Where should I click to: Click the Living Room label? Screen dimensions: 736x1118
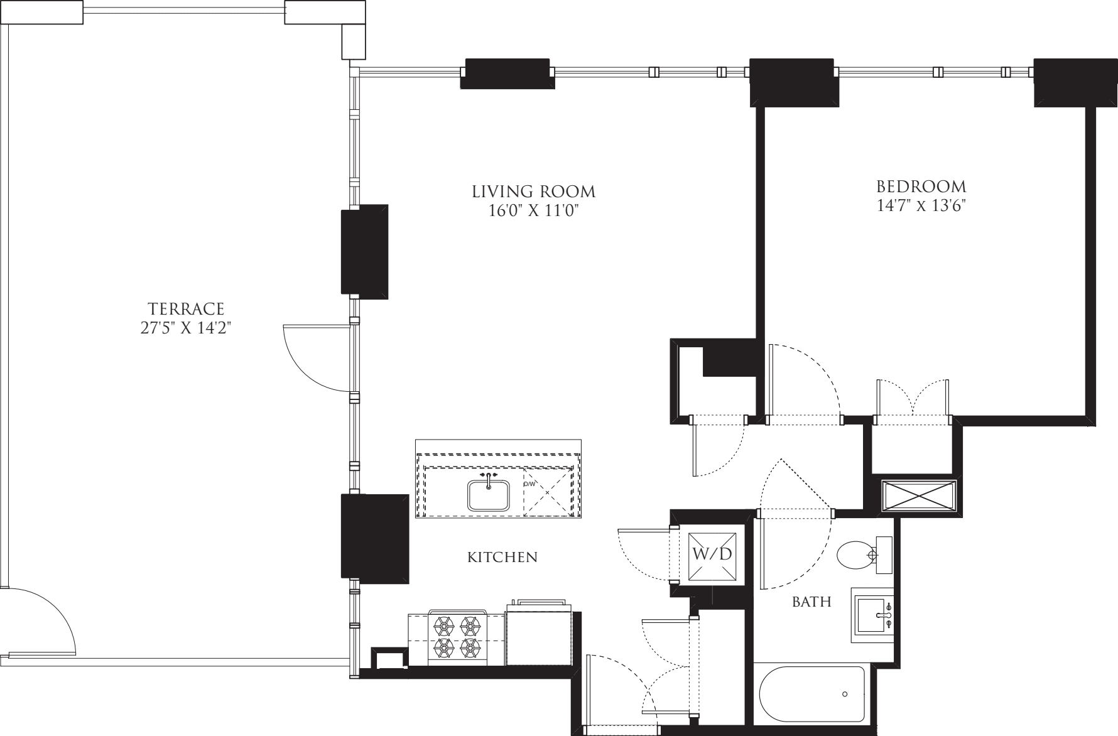533,191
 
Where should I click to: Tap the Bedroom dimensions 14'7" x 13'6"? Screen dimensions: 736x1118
921,206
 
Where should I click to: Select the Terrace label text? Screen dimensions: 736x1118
186,309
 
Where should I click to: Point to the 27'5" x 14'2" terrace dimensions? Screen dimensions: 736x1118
186,328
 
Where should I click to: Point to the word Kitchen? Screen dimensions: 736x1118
502,557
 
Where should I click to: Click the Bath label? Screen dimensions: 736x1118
811,602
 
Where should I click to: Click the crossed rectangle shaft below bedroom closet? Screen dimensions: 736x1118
918,498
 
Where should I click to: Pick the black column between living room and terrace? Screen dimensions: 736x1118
364,251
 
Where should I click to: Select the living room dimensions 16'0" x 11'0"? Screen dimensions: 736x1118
533,211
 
